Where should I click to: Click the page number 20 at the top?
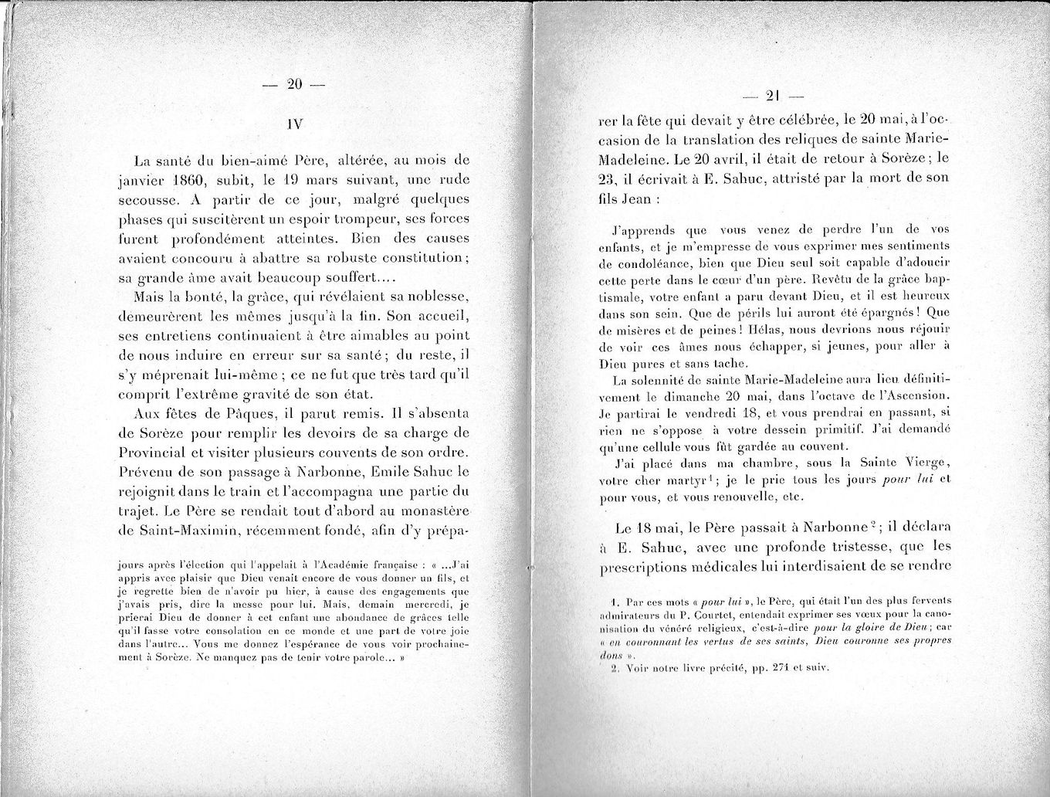[293, 86]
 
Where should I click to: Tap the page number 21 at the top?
[772, 97]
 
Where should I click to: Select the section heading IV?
[293, 124]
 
